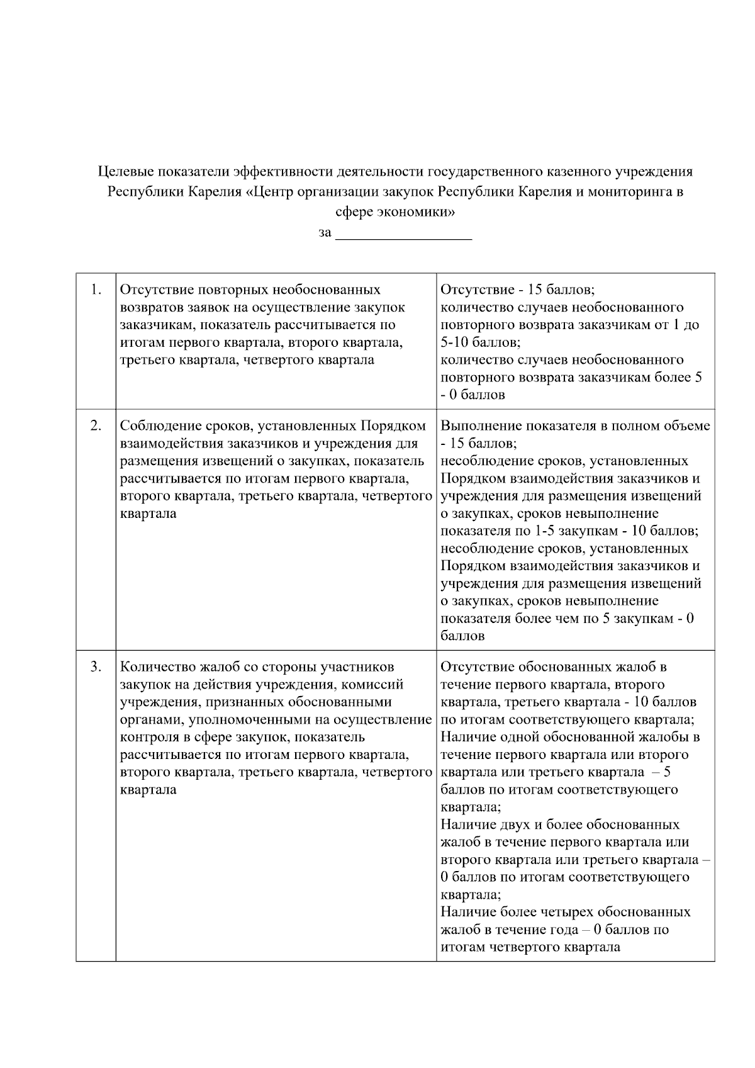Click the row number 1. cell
(x=96, y=290)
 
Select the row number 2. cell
(x=96, y=426)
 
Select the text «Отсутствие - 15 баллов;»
(x=517, y=290)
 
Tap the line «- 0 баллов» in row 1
(x=473, y=395)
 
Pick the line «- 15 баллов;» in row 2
(x=478, y=444)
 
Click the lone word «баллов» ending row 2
(x=462, y=636)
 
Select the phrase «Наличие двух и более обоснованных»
(x=560, y=825)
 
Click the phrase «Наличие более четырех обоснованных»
(x=565, y=913)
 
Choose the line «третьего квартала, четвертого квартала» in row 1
(x=247, y=360)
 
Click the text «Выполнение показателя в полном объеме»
(x=575, y=426)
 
